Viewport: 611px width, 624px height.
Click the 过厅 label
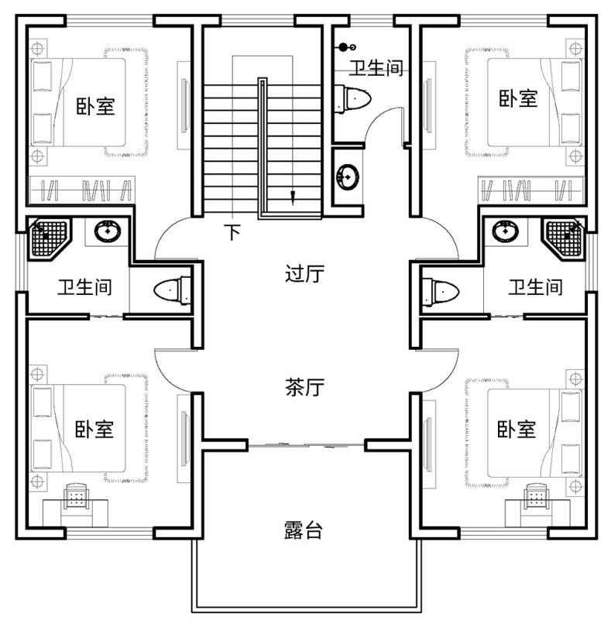click(304, 274)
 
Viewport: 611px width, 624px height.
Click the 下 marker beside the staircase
click(232, 231)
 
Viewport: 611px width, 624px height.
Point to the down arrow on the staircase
click(293, 196)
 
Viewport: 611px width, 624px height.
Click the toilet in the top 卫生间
click(352, 99)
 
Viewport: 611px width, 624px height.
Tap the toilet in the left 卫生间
click(172, 291)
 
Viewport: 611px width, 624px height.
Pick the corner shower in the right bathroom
click(563, 235)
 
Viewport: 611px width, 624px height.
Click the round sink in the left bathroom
click(107, 231)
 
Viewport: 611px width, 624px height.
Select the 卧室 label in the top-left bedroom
click(95, 106)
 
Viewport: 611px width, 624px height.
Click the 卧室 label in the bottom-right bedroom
click(517, 428)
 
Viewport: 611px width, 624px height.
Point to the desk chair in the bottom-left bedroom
click(76, 495)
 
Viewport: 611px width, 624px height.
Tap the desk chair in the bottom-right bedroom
click(536, 495)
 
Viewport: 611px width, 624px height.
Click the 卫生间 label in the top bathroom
click(375, 67)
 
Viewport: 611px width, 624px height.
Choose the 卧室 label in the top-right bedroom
click(518, 98)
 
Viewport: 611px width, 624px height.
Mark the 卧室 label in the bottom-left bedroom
click(94, 428)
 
